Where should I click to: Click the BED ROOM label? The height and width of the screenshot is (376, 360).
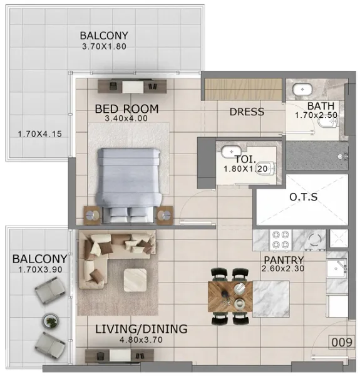(x=126, y=109)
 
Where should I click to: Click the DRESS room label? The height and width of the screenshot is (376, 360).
(x=247, y=112)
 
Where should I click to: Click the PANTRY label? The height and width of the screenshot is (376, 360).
(x=284, y=260)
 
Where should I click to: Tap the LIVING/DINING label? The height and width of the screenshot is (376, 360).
(x=141, y=329)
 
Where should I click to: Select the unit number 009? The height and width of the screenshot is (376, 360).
(x=342, y=343)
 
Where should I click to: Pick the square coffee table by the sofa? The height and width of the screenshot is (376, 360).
(x=136, y=280)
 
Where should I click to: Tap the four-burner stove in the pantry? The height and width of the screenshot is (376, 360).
(x=279, y=239)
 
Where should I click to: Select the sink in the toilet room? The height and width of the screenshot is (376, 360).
(x=230, y=152)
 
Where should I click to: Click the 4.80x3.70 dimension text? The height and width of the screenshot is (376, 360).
(x=141, y=340)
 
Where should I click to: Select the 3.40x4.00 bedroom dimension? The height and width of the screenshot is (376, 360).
(x=126, y=118)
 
